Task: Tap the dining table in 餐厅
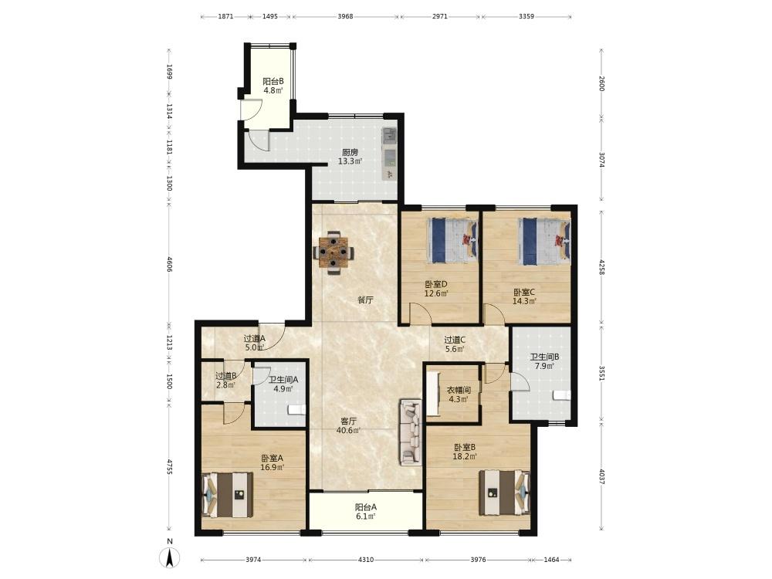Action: [334, 253]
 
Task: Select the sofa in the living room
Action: [411, 432]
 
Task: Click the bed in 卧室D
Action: [452, 241]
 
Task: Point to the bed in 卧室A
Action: [227, 495]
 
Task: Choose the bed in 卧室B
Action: [505, 493]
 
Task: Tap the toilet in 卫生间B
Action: [561, 395]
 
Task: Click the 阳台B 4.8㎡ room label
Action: [273, 86]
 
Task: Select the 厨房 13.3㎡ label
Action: [350, 157]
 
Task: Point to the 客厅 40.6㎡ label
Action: [348, 426]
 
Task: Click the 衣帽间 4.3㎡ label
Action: [459, 394]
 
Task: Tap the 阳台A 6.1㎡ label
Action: [366, 512]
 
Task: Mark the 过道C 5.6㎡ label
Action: [455, 344]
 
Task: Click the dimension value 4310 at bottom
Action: [365, 560]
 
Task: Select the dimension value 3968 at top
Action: [345, 16]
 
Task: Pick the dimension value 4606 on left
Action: [169, 264]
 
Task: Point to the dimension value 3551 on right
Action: [601, 373]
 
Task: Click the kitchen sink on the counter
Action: [389, 157]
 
